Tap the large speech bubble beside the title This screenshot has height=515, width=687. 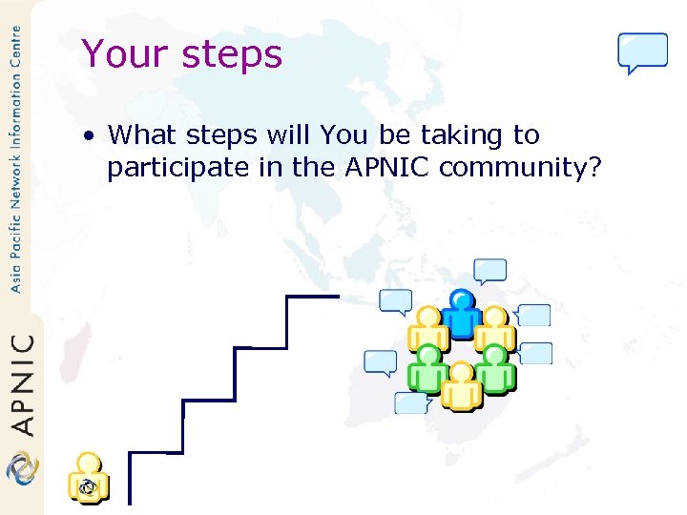[642, 52]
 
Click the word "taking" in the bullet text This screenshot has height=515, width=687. [460, 136]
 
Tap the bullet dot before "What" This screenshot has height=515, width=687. [88, 136]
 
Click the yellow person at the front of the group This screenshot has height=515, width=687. [462, 386]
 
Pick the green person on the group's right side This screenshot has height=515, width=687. [494, 369]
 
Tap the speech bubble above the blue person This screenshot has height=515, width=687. [491, 271]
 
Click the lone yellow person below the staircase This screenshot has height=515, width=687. [88, 478]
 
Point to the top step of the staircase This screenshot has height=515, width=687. [313, 297]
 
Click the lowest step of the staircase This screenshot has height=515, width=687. [156, 453]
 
